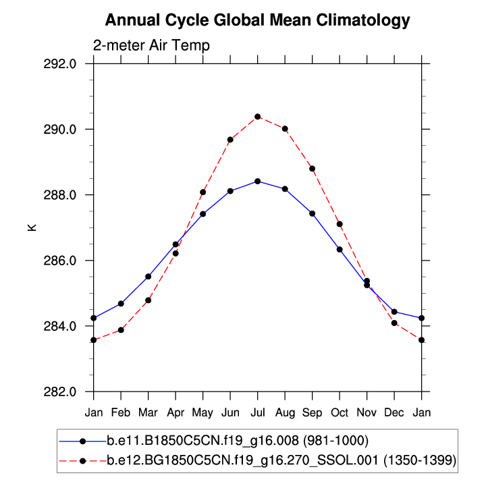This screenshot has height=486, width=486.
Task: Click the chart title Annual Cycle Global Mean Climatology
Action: [x=257, y=20]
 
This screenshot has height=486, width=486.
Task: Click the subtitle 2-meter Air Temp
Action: [x=151, y=46]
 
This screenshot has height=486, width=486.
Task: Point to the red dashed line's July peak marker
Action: [x=258, y=117]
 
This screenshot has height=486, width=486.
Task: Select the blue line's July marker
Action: [x=258, y=181]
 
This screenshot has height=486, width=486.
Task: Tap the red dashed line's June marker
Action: [x=230, y=140]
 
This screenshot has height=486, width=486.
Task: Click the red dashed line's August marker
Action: [x=285, y=128]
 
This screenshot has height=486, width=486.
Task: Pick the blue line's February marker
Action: [x=121, y=304]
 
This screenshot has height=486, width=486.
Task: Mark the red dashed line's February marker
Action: [x=121, y=330]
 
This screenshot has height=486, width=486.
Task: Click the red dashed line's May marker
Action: [x=202, y=192]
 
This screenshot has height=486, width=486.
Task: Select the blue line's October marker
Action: [x=340, y=250]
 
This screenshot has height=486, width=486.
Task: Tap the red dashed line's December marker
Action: [x=394, y=323]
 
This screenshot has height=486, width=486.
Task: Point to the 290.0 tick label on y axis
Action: [x=67, y=130]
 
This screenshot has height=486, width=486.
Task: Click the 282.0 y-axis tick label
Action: [x=67, y=392]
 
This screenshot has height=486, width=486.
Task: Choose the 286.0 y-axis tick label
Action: [x=67, y=261]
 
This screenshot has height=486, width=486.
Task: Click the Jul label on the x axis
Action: [x=258, y=411]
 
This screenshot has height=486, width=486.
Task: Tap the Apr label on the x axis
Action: [x=175, y=411]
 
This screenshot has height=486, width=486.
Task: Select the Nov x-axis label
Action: [x=367, y=411]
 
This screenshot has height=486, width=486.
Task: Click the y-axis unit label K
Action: [x=32, y=228]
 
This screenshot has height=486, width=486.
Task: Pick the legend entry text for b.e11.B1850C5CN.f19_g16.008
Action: [x=238, y=441]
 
